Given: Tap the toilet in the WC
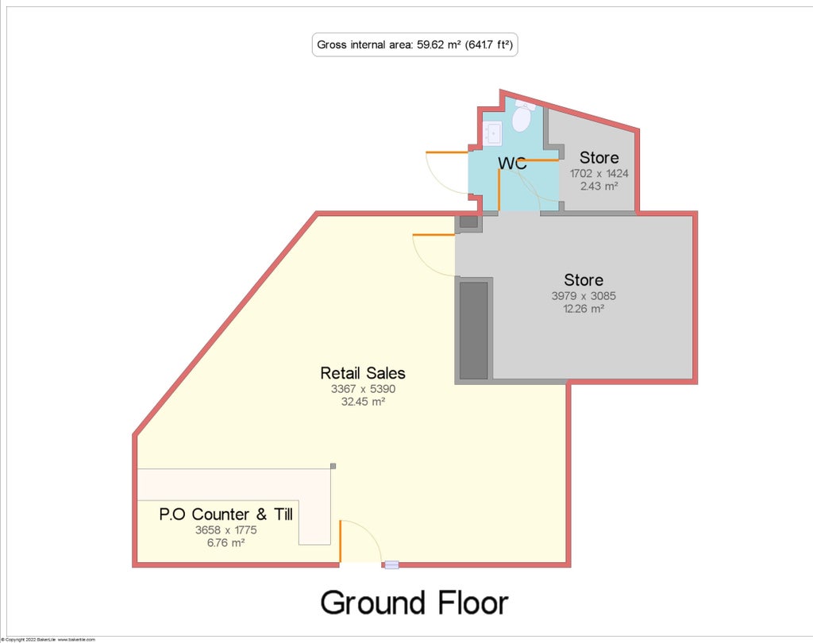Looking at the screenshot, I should click(522, 118).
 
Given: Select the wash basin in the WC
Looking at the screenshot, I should click(492, 133).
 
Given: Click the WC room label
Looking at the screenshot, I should click(512, 164).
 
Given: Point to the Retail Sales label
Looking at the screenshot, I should click(363, 372).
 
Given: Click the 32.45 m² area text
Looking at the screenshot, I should click(363, 402).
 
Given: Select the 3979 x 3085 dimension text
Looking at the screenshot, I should click(584, 296).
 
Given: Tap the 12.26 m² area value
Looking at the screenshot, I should click(584, 309).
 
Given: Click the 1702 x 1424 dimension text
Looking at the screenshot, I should click(599, 172).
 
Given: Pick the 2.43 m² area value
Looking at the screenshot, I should click(599, 186).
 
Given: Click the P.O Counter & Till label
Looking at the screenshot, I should click(226, 514).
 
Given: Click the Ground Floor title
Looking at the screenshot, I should click(414, 603).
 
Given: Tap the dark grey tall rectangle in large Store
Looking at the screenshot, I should click(473, 329).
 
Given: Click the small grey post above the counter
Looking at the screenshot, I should click(333, 466).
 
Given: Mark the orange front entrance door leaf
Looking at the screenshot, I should click(341, 541).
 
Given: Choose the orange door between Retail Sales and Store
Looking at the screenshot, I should click(433, 235).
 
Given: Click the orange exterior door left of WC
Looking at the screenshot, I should click(447, 152).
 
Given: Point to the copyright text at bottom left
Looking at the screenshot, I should click(48, 639).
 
